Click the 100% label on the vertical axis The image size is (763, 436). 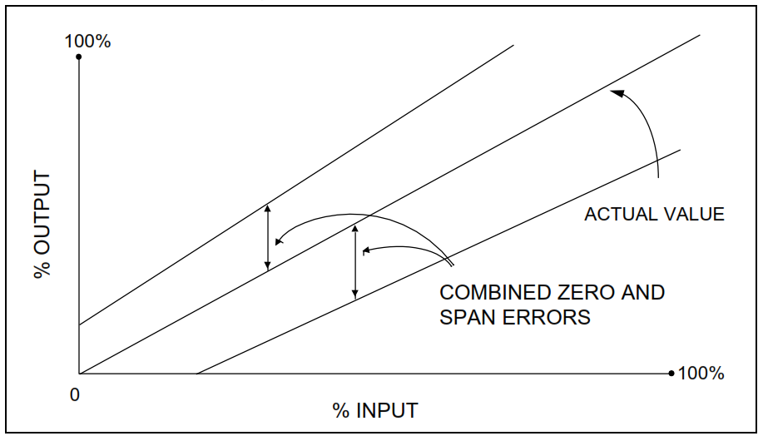[x=87, y=41]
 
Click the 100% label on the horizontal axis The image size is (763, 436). [x=701, y=373]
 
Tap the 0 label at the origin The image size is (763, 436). [x=75, y=395]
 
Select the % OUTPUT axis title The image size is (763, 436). [x=42, y=225]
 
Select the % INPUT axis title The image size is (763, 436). [x=375, y=410]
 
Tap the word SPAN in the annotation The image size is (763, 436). [x=467, y=317]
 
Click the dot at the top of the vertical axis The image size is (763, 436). [x=78, y=57]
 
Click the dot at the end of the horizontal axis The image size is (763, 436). [x=671, y=374]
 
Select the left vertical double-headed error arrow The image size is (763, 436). [x=267, y=236]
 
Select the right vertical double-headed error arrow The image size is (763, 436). [x=355, y=261]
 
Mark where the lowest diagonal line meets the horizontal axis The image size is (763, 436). [x=196, y=374]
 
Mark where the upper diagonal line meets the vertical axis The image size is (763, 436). [x=78, y=325]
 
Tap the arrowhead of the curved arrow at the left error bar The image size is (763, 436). [x=279, y=242]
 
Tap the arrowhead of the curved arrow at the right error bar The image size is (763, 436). [x=367, y=249]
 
